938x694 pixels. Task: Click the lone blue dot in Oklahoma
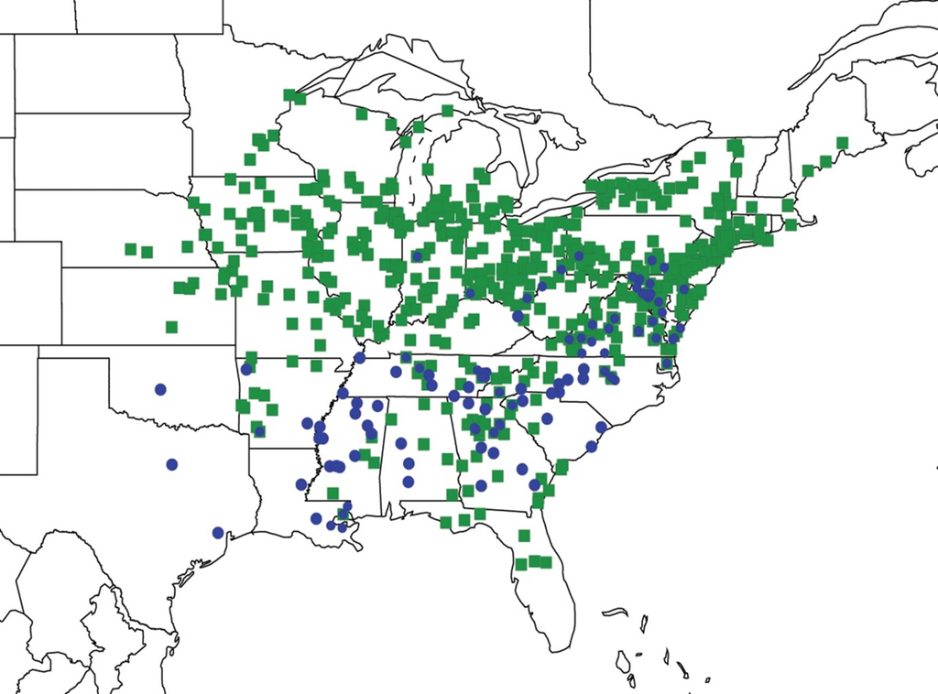pos(160,389)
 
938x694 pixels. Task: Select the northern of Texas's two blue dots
pos(171,464)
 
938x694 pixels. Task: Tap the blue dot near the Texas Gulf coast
pos(218,532)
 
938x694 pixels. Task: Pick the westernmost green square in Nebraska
pos(131,248)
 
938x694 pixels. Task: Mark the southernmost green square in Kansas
pos(171,327)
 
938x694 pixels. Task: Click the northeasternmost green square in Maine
pos(842,143)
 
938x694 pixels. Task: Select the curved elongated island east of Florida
pos(615,612)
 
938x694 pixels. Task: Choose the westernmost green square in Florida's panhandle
pos(445,523)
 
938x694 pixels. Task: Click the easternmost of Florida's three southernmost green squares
pos(546,562)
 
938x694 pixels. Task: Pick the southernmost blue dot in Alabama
pos(408,482)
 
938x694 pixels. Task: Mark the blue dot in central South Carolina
pos(547,418)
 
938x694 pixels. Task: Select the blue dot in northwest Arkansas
pos(245,370)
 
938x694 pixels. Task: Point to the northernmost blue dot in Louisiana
pos(307,423)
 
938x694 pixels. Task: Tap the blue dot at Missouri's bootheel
pos(360,357)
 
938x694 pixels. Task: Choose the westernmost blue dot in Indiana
pos(417,256)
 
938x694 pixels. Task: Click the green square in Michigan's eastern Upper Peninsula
pos(448,111)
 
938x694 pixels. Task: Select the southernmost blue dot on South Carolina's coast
pos(591,447)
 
